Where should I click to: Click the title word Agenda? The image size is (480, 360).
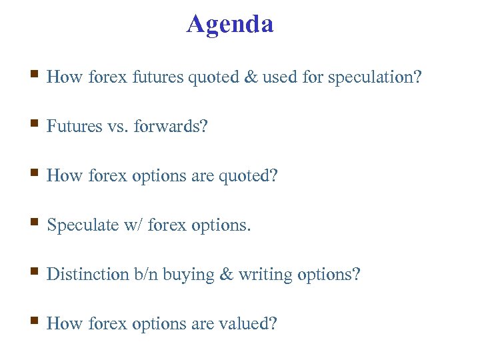click(230, 24)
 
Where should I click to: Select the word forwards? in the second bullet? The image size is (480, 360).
click(171, 127)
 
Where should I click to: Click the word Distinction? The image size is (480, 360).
click(87, 275)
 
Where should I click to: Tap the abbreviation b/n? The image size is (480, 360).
click(145, 275)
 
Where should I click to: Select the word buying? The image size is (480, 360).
click(189, 275)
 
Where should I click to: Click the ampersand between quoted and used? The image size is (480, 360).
click(251, 77)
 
